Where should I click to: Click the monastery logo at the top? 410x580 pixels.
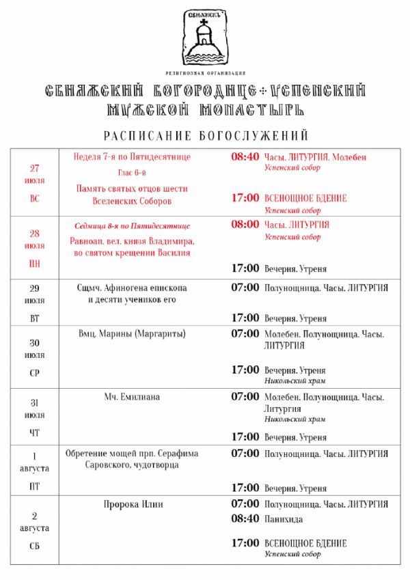205,38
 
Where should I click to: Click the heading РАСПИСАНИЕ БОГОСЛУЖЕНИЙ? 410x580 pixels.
206,135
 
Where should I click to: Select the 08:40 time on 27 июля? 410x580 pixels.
245,156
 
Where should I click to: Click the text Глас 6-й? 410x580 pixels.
132,172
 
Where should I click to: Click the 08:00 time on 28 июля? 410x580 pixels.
245,224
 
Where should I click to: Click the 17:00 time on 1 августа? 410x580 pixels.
245,488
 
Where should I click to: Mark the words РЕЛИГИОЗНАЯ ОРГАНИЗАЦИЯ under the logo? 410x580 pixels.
205,72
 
